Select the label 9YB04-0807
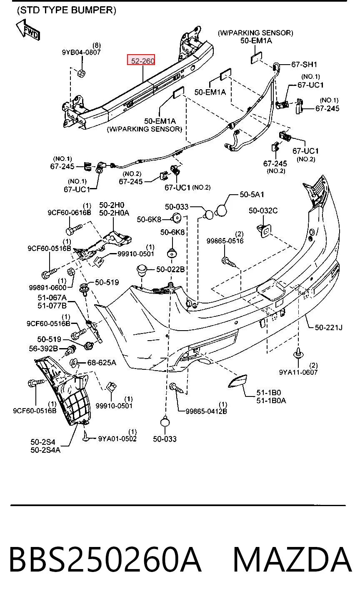point(81,52)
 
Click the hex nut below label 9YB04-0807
point(81,73)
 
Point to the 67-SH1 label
point(304,65)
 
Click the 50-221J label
point(328,328)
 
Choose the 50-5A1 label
point(252,194)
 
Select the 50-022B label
point(170,269)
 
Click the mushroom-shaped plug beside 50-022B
point(142,270)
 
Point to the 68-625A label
point(102,362)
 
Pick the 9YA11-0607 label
point(298,372)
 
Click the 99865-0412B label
point(206,411)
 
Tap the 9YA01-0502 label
point(117,439)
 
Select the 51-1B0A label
point(271,400)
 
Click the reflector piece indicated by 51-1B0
point(237,381)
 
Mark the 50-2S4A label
point(45,450)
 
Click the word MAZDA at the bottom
point(292,560)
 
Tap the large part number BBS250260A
point(105,560)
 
